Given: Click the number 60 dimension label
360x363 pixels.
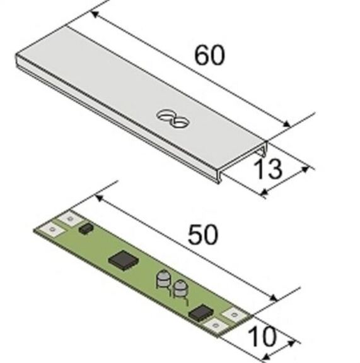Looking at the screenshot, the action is tap(209, 55).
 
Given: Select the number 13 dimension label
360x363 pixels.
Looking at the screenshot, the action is tap(268, 169).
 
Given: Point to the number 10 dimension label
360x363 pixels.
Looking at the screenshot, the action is tap(262, 337).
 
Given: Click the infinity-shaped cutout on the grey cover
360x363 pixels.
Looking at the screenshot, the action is tap(173, 118).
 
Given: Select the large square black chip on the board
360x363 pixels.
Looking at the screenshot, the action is tap(124, 261).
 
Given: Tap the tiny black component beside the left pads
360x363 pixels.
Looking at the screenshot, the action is tap(86, 229).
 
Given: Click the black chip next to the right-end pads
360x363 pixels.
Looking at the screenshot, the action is tap(200, 312).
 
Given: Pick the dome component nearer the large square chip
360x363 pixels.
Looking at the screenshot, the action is tap(164, 279).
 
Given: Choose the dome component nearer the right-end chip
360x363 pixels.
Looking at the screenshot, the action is tap(180, 289).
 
